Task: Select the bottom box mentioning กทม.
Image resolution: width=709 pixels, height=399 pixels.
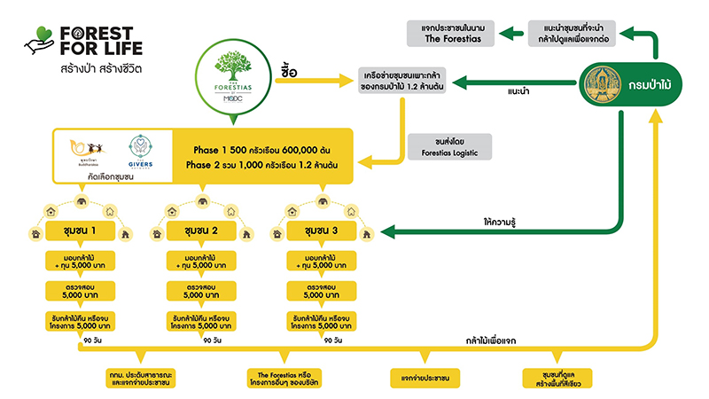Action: tap(139, 379)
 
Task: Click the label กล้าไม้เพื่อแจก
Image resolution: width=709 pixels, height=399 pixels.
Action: tap(483, 340)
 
